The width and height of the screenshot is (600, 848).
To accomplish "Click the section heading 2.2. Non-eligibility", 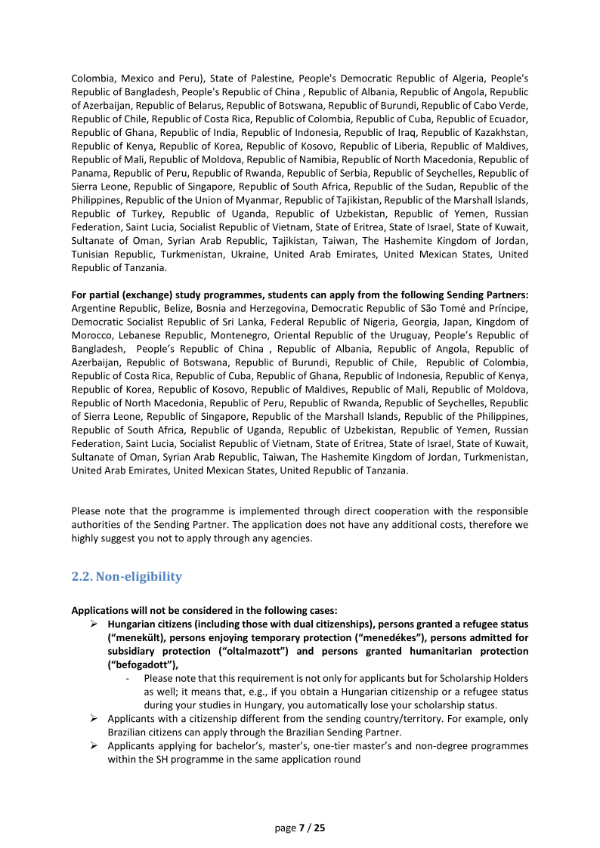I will pos(126,576).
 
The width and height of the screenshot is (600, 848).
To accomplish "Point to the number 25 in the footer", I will pos(319,828).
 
